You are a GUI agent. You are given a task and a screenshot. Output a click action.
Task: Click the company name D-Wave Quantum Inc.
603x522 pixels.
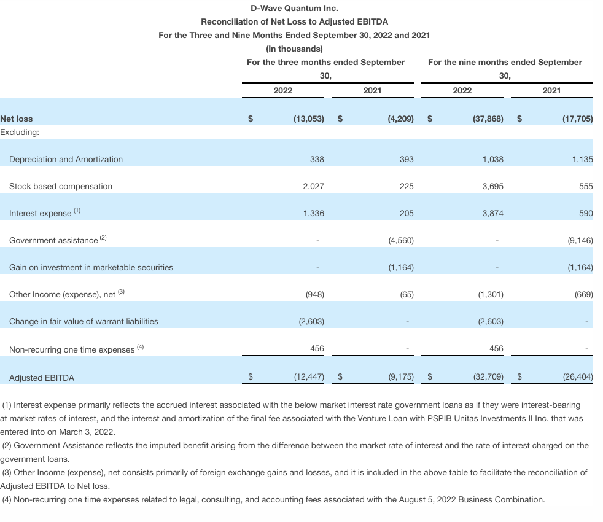(x=294, y=9)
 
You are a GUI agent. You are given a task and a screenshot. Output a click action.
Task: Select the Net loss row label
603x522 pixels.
(x=17, y=119)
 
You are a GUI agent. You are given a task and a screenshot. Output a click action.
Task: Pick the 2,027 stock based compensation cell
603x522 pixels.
(x=313, y=186)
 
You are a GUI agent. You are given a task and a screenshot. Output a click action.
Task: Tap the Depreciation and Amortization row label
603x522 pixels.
(x=66, y=159)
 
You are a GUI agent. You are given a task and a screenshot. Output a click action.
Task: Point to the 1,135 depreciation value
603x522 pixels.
(x=582, y=159)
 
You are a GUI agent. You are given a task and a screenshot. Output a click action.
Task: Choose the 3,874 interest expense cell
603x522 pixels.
(x=492, y=213)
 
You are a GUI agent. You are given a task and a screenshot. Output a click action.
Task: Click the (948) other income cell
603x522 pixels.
(x=314, y=294)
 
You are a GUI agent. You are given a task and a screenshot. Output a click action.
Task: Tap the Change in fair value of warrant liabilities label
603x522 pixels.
(x=84, y=321)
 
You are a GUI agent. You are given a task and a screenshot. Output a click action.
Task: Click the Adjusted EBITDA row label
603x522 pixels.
(x=42, y=378)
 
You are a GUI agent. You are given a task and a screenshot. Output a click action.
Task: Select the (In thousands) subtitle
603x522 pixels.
(x=294, y=49)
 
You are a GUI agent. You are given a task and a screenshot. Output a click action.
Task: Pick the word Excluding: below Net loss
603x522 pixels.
(x=20, y=132)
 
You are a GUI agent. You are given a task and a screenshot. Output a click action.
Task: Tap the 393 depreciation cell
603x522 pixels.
(x=407, y=159)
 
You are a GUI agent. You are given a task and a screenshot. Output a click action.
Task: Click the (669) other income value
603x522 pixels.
(x=583, y=294)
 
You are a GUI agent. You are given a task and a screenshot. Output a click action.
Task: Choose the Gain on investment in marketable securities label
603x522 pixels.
(x=91, y=267)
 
